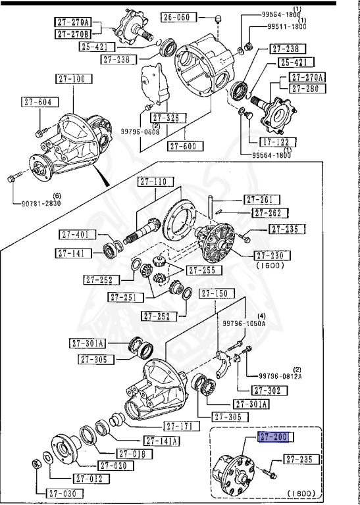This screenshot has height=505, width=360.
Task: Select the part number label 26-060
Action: coord(176,18)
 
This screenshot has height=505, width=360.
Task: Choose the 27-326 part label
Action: coord(163,118)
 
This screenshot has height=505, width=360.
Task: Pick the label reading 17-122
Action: coord(274,141)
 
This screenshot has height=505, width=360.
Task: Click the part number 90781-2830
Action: coord(38,204)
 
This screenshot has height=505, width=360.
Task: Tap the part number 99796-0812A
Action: coord(280,375)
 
